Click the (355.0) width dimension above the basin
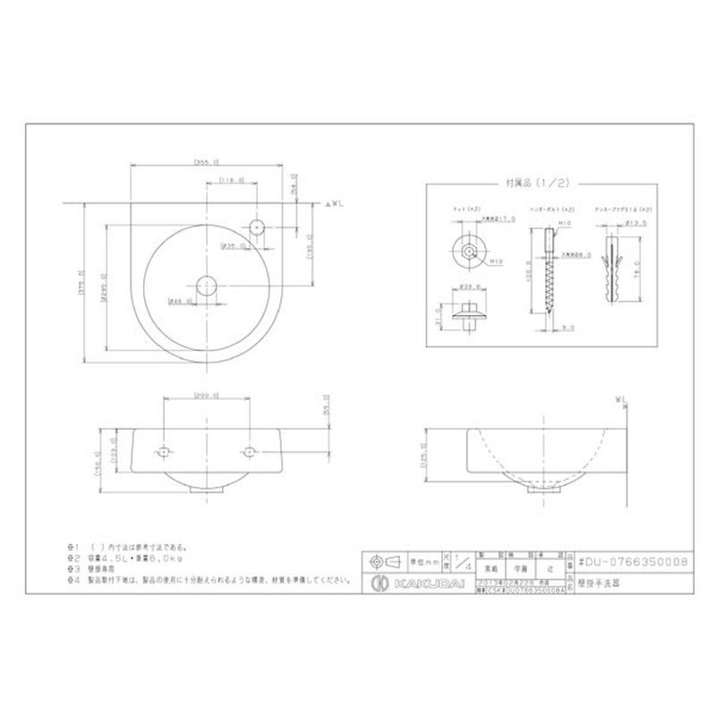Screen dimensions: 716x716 (208, 162)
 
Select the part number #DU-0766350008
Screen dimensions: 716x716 (633, 561)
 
